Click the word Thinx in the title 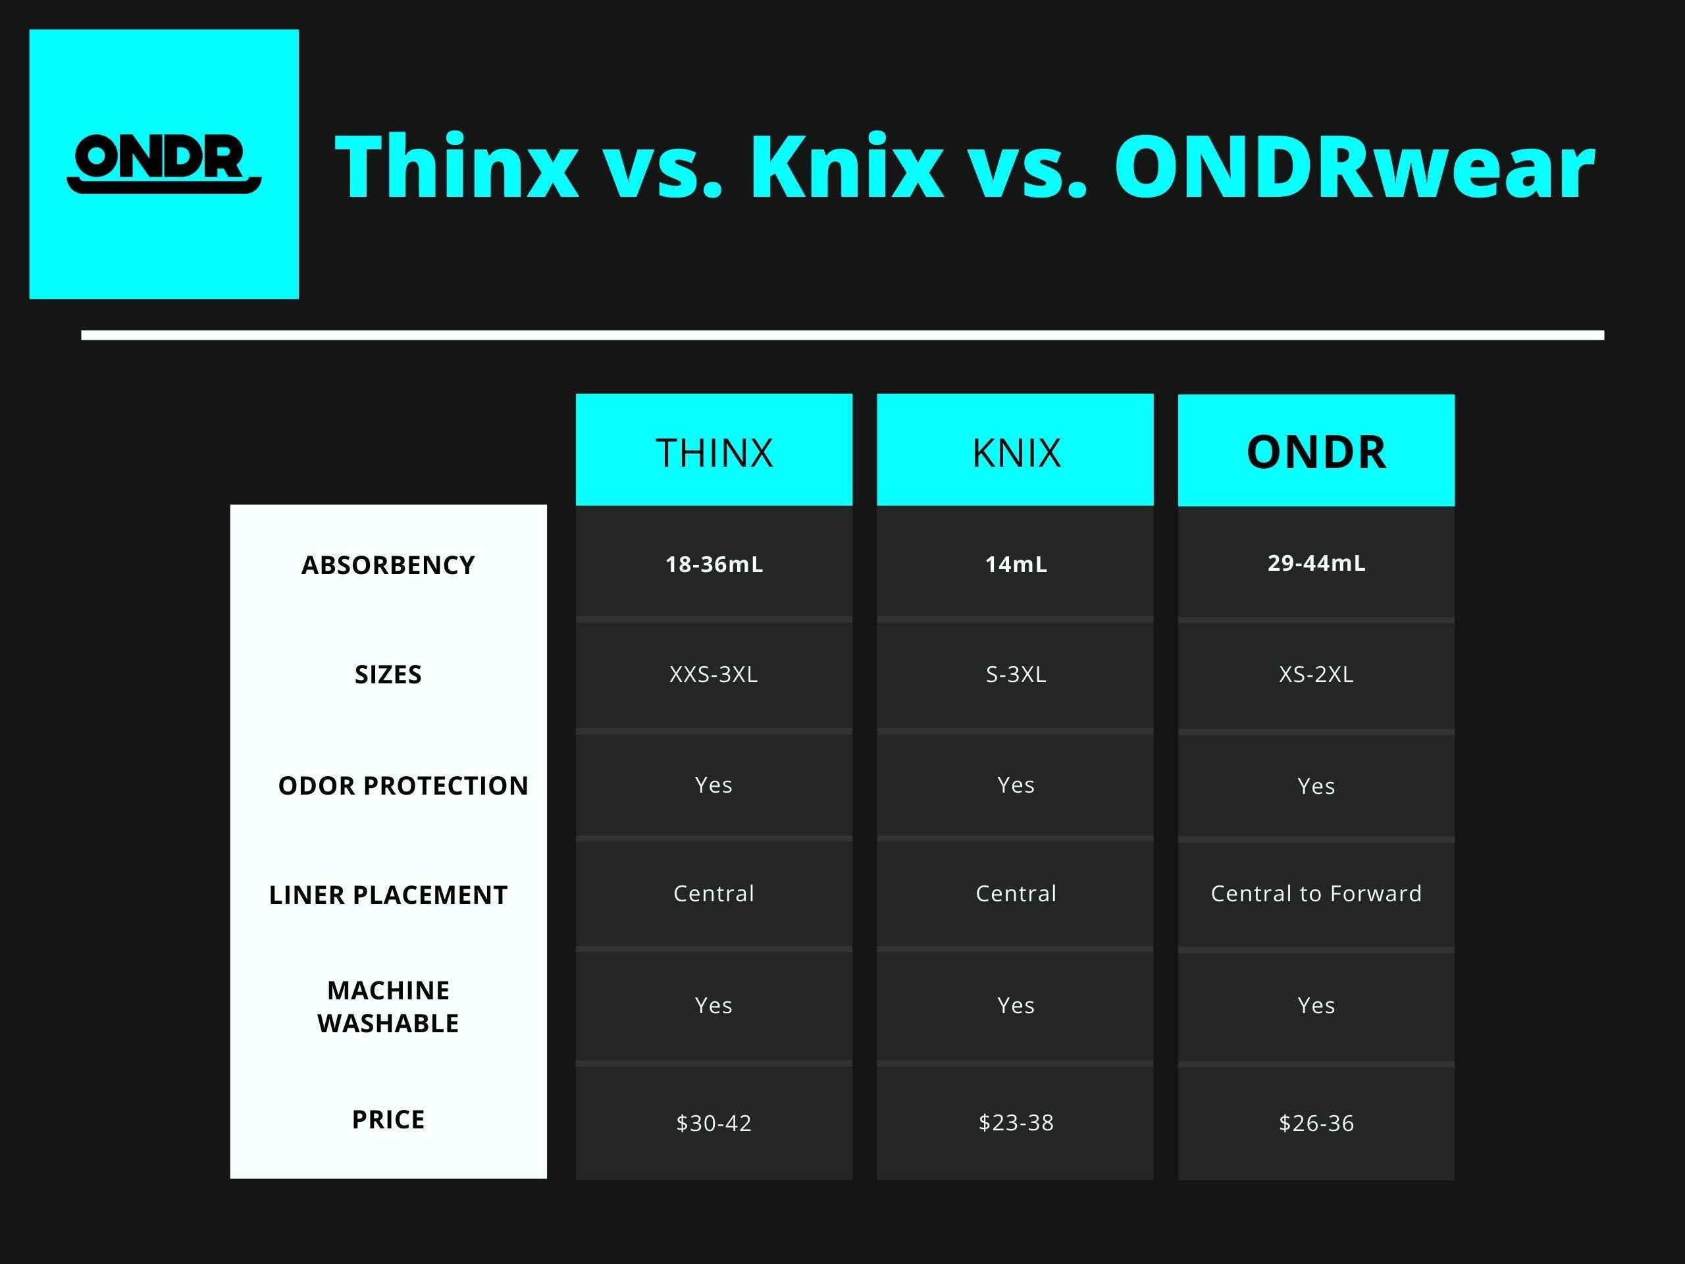(456, 166)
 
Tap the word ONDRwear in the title (1354, 166)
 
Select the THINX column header (713, 452)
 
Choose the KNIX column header (1016, 452)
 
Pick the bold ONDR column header (1316, 452)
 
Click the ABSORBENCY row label (388, 566)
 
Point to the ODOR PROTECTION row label (403, 785)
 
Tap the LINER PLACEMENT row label (388, 895)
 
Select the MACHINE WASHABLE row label (388, 1007)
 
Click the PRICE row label (388, 1119)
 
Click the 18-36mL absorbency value (713, 565)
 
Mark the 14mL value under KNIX (1016, 565)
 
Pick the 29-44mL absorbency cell (1316, 563)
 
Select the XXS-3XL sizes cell (713, 674)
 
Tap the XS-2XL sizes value (1316, 674)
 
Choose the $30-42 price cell (713, 1123)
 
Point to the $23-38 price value (1016, 1122)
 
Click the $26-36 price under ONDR (1316, 1123)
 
